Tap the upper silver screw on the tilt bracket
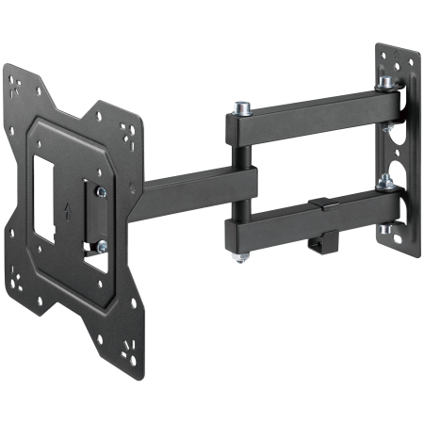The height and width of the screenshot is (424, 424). click(x=102, y=192)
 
